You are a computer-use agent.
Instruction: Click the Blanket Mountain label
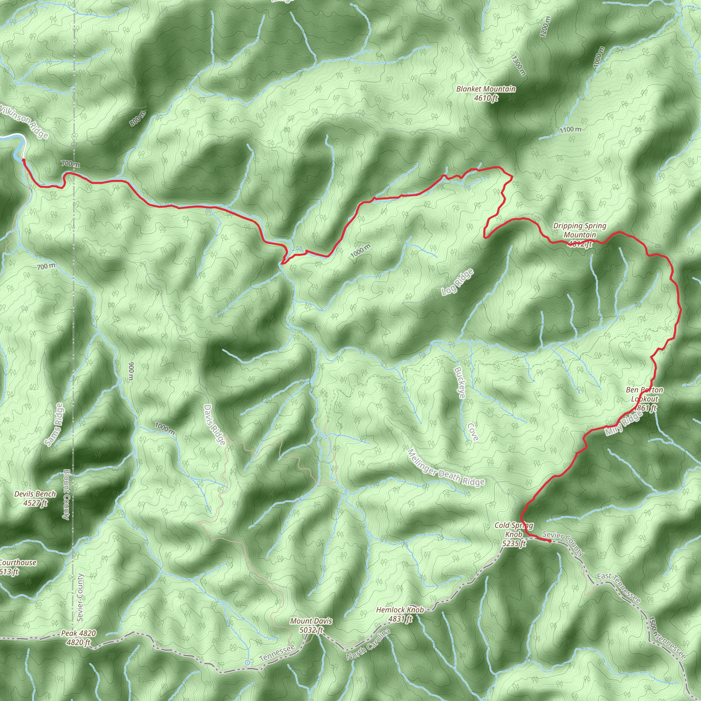click(x=486, y=93)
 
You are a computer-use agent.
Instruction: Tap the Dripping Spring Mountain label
click(x=579, y=235)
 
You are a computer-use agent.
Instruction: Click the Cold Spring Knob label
click(x=514, y=534)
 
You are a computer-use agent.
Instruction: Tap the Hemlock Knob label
click(x=400, y=614)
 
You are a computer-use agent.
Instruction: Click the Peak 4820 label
click(x=78, y=638)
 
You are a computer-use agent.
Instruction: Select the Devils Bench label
click(x=35, y=498)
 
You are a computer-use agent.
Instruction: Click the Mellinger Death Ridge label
click(x=446, y=467)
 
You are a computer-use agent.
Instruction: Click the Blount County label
click(x=66, y=494)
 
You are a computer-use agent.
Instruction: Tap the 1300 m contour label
click(x=519, y=65)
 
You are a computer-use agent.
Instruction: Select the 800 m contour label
click(x=137, y=119)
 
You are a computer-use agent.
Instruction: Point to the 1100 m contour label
click(x=570, y=129)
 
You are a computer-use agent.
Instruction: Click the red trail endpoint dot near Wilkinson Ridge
click(x=24, y=160)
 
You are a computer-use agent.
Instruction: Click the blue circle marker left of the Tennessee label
click(x=247, y=662)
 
